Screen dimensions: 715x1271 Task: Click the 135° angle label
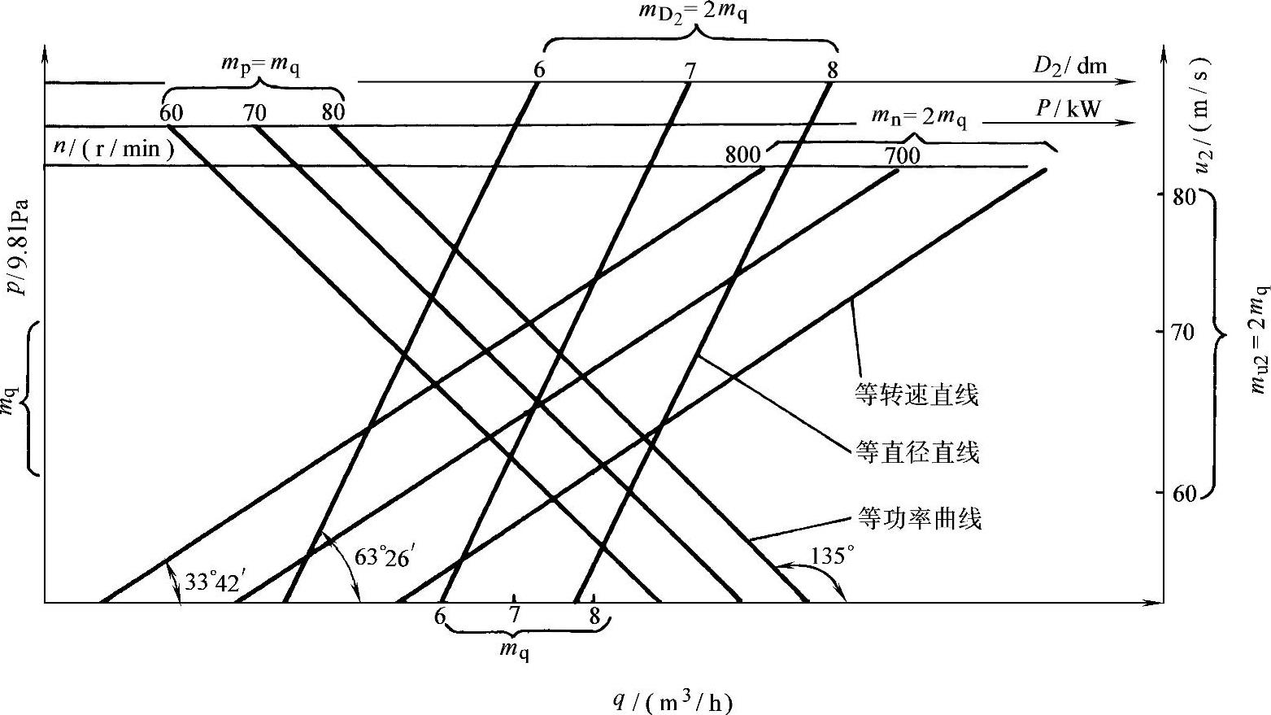[x=833, y=556]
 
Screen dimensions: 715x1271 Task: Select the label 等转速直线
[x=916, y=395]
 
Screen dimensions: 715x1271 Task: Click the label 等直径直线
[x=917, y=452]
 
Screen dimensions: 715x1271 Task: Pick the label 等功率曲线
[x=920, y=518]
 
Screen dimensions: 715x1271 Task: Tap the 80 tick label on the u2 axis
[x=1179, y=196]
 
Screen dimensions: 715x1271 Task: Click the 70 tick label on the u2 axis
[x=1179, y=332]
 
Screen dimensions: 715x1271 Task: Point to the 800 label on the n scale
[x=742, y=155]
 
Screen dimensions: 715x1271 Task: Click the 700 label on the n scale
[x=902, y=155]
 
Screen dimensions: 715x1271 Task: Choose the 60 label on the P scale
[x=171, y=112]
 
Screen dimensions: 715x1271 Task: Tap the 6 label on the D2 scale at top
[x=539, y=70]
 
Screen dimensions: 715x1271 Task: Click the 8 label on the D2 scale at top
[x=832, y=70]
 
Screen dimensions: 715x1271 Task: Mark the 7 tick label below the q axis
[x=514, y=615]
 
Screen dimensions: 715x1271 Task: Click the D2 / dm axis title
[x=1070, y=66]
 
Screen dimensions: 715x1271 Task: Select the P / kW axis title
[x=1067, y=108]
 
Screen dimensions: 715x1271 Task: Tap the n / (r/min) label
[x=109, y=150]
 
